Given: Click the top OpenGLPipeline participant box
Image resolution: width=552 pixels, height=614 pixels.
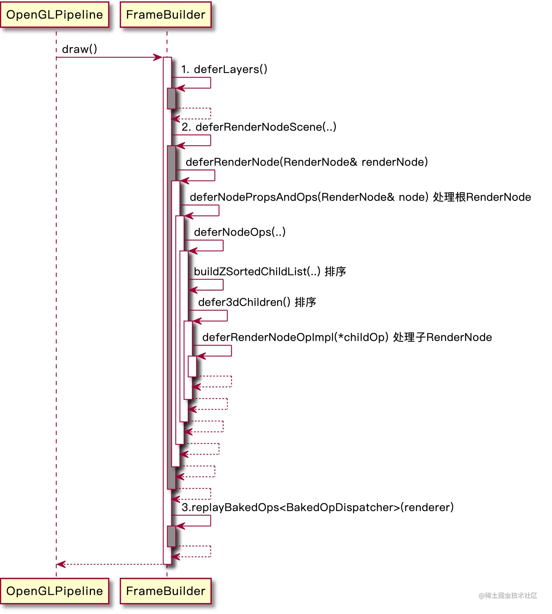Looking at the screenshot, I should (x=55, y=15).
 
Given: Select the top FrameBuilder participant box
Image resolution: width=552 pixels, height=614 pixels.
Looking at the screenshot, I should (x=166, y=15).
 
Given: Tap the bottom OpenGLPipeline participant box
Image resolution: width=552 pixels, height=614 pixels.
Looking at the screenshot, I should (x=55, y=591).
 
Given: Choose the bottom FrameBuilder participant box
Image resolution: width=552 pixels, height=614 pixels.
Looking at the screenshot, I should (x=166, y=591).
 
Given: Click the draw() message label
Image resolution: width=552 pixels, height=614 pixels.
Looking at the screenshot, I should (x=80, y=49).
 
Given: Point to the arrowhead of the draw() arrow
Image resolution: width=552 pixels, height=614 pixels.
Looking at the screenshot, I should (x=159, y=57).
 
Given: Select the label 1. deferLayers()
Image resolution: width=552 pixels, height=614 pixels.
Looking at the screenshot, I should (x=224, y=69).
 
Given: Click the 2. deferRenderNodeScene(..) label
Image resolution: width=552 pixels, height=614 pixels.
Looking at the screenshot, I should (x=259, y=127).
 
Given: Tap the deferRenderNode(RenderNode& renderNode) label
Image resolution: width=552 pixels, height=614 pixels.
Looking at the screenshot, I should (x=307, y=162).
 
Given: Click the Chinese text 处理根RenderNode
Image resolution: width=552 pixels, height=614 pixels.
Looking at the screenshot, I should (x=482, y=197).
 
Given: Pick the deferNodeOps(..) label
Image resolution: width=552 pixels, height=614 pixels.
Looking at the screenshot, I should (x=239, y=232).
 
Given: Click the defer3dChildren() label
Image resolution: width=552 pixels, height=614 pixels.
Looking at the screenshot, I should (x=244, y=302).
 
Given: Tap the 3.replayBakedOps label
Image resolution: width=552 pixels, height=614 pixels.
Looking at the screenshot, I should (x=318, y=507).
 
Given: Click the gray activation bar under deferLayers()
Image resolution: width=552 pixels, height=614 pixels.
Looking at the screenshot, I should (x=171, y=98).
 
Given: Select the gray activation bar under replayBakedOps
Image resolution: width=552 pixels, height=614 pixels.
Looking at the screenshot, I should (x=171, y=536).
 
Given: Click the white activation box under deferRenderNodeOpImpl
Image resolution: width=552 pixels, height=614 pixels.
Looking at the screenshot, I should (x=192, y=366).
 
